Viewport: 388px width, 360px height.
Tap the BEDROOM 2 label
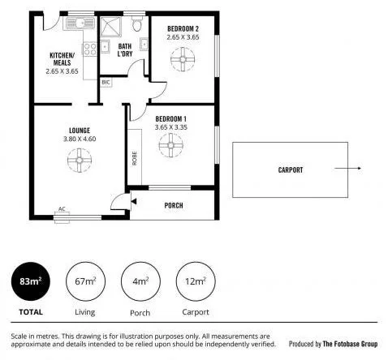click(x=182, y=28)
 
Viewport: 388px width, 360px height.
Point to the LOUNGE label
click(x=79, y=131)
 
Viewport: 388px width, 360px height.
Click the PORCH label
click(x=173, y=205)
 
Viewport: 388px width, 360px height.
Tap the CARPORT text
click(x=290, y=170)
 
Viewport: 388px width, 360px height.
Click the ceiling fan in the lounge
click(x=79, y=161)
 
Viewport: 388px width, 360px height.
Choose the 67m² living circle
click(x=84, y=282)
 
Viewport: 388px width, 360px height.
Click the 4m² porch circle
click(x=140, y=282)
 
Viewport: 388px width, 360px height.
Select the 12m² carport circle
click(x=195, y=282)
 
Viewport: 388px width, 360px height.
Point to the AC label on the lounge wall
click(x=62, y=209)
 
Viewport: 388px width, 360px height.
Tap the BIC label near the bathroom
click(x=106, y=83)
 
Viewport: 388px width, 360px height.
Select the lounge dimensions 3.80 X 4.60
click(x=79, y=139)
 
